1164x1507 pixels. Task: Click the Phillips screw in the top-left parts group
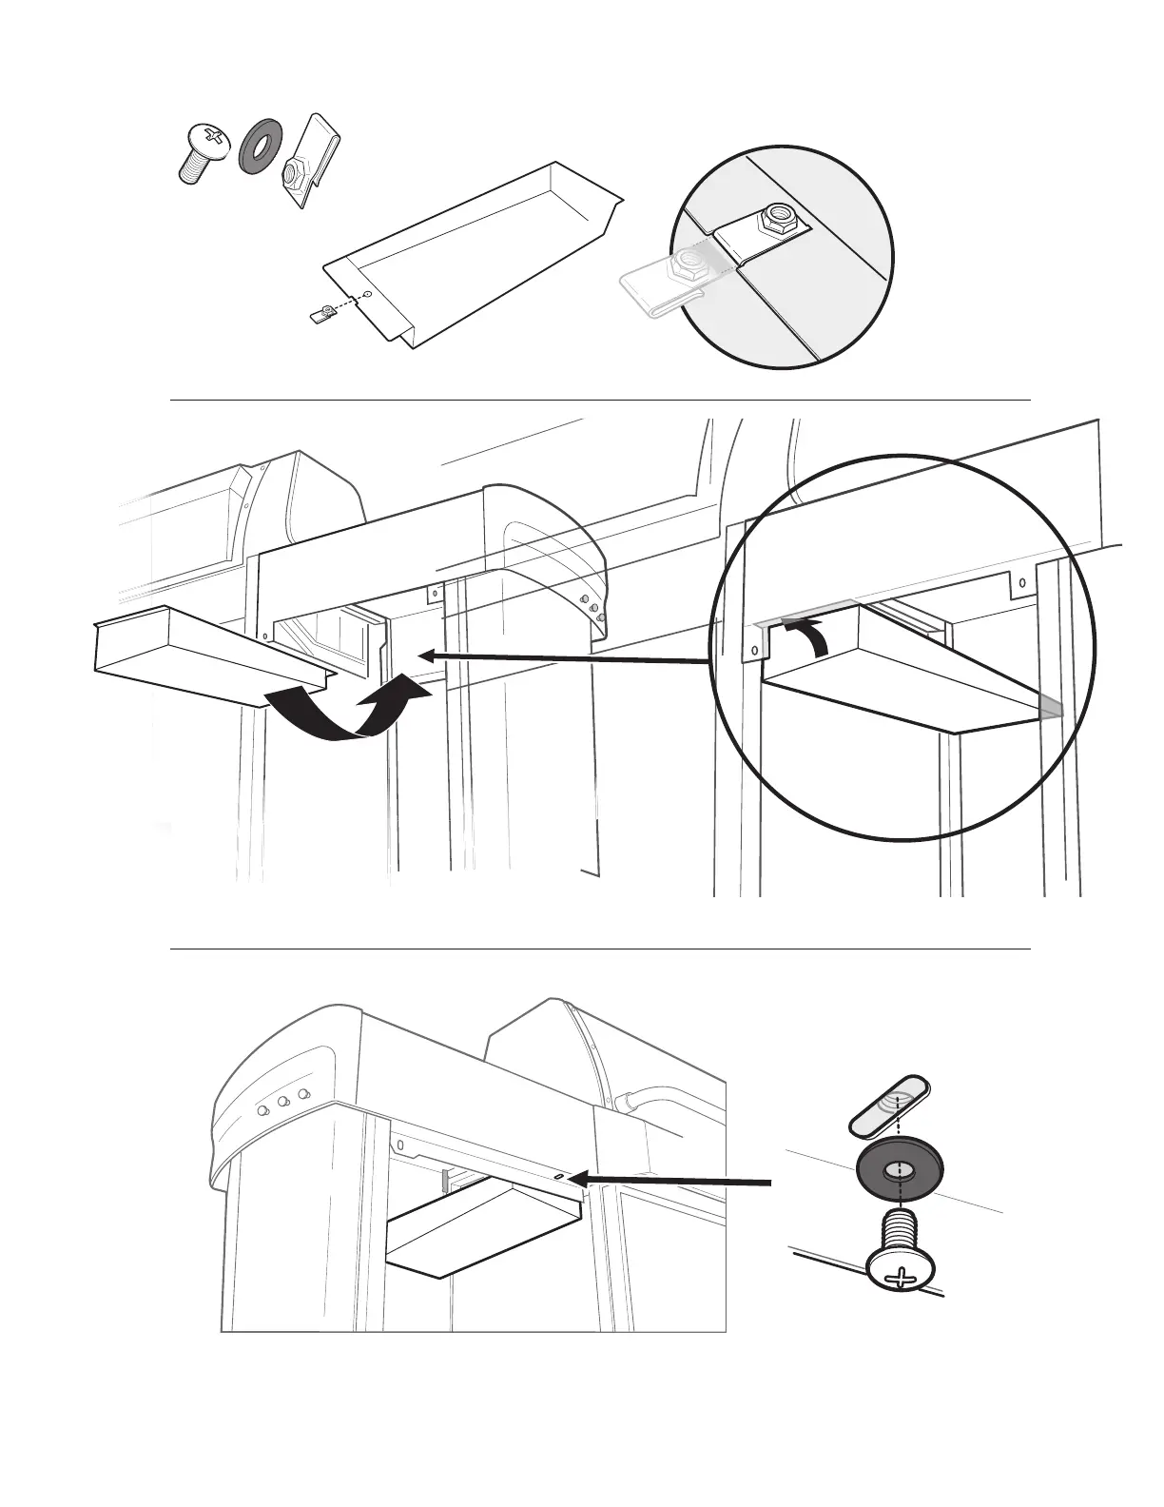(x=203, y=150)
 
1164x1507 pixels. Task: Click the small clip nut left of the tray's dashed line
(x=324, y=312)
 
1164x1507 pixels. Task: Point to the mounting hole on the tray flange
(x=368, y=295)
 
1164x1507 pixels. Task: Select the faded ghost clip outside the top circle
(x=662, y=283)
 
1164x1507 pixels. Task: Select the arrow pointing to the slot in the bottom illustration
(x=675, y=1181)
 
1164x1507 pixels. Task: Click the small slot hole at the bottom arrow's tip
(x=558, y=1176)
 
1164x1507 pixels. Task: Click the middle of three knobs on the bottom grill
(x=283, y=1103)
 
